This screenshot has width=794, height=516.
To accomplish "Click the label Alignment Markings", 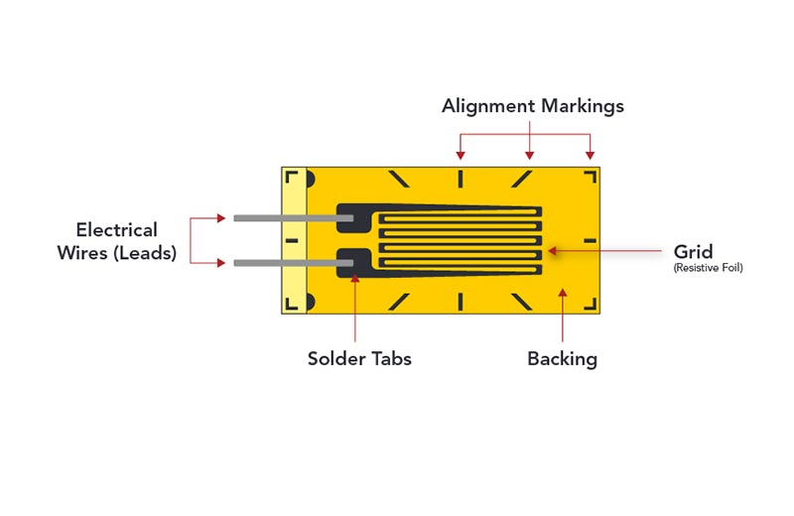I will (x=533, y=106).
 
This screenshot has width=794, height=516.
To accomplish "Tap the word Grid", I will (x=694, y=250).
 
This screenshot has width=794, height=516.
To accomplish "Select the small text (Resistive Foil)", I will (x=708, y=268).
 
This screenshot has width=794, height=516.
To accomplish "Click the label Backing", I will (x=562, y=358).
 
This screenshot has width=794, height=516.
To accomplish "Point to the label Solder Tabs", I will (x=359, y=358).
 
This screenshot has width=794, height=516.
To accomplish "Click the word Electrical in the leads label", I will (x=116, y=230).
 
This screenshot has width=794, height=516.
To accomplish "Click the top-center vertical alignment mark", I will (x=461, y=179).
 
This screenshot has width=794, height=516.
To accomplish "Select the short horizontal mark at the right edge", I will (x=590, y=240).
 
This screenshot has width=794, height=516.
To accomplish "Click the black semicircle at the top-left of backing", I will (x=310, y=179).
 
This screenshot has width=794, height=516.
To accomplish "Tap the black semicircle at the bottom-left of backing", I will (x=310, y=303).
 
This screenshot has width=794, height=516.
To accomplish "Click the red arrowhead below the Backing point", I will (x=563, y=293).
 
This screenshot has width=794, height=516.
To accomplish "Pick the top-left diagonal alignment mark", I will (x=399, y=179).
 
